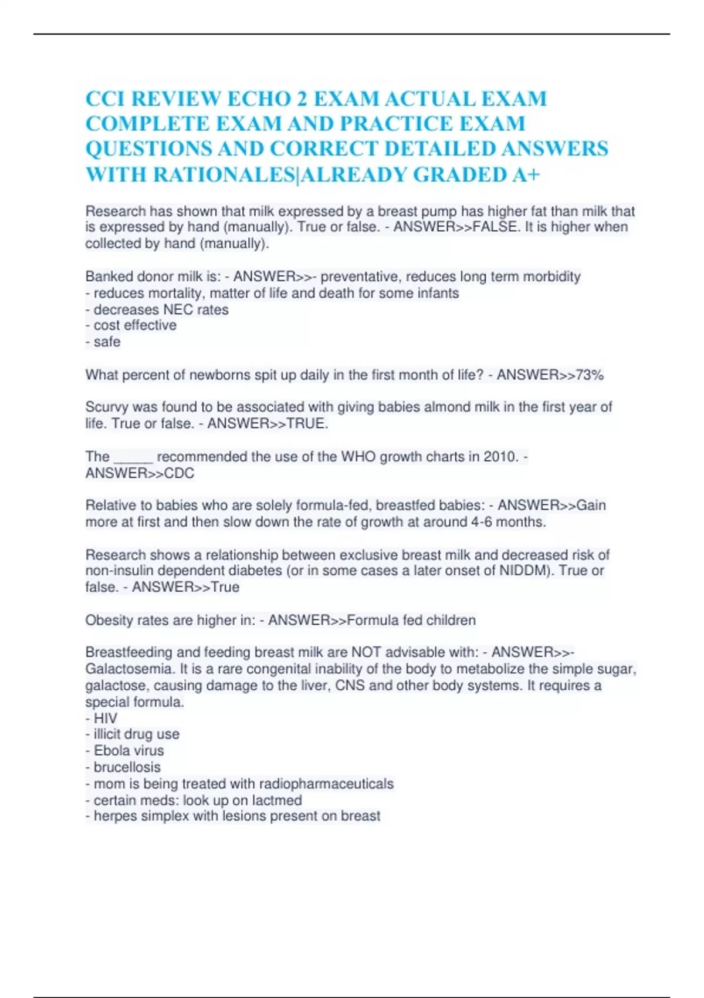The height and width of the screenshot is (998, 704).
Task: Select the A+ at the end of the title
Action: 526,174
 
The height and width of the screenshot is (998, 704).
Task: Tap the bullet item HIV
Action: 105,718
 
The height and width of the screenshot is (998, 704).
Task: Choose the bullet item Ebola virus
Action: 128,751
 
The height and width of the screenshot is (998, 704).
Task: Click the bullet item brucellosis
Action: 127,767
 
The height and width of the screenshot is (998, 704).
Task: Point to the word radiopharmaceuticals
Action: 326,784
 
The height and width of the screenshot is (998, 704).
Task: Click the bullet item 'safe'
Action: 107,342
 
